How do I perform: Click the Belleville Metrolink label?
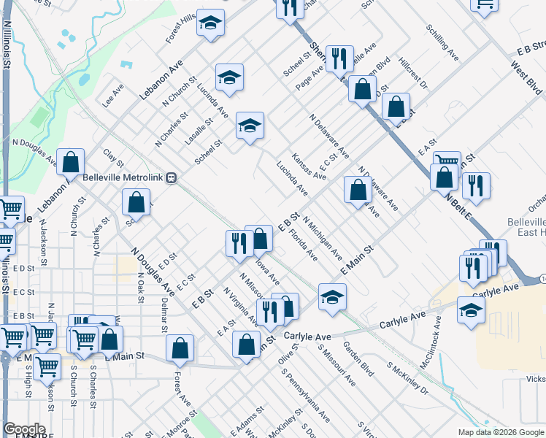pos(123,177)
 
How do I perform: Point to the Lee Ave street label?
pos(113,95)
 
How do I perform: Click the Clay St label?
pos(111,156)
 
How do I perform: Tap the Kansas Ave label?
pos(308,166)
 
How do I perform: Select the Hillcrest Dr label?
pos(412,74)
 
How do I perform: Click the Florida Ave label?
pos(303,246)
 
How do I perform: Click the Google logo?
pos(25,429)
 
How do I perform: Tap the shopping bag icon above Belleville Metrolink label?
pos(71,162)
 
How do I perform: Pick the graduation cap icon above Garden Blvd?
pos(332,296)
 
